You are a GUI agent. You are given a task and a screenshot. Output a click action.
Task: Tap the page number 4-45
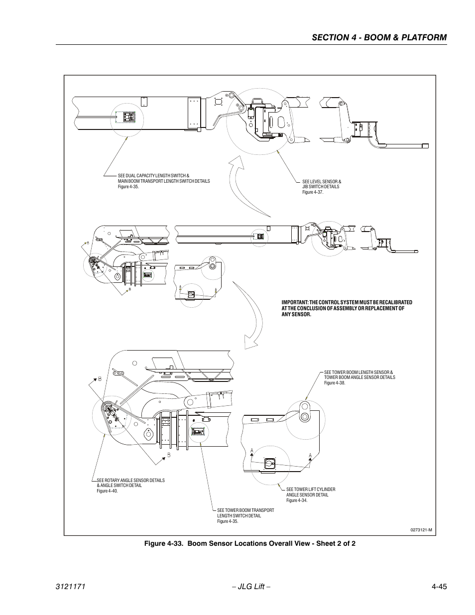coord(436,587)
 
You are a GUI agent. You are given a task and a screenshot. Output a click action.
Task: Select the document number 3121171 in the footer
coord(71,587)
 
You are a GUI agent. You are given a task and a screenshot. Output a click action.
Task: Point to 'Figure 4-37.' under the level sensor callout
coord(313,192)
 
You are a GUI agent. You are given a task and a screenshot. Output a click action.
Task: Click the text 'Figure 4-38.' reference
coord(335,383)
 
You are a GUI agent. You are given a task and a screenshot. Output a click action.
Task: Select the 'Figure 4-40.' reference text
coord(107,491)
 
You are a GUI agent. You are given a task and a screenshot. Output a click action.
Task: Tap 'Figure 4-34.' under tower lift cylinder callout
coord(296,500)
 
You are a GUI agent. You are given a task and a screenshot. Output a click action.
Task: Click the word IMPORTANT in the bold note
coord(293,302)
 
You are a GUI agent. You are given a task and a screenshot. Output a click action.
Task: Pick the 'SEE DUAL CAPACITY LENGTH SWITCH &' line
coord(153,176)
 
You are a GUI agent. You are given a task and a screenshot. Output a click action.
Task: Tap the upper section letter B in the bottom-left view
coord(100,379)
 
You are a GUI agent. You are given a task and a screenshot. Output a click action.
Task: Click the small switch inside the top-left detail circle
coord(125,116)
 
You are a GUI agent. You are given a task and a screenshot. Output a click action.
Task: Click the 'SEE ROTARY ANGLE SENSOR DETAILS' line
coord(130,481)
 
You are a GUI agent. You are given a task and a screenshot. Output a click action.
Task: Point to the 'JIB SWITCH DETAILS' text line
coord(321,187)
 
